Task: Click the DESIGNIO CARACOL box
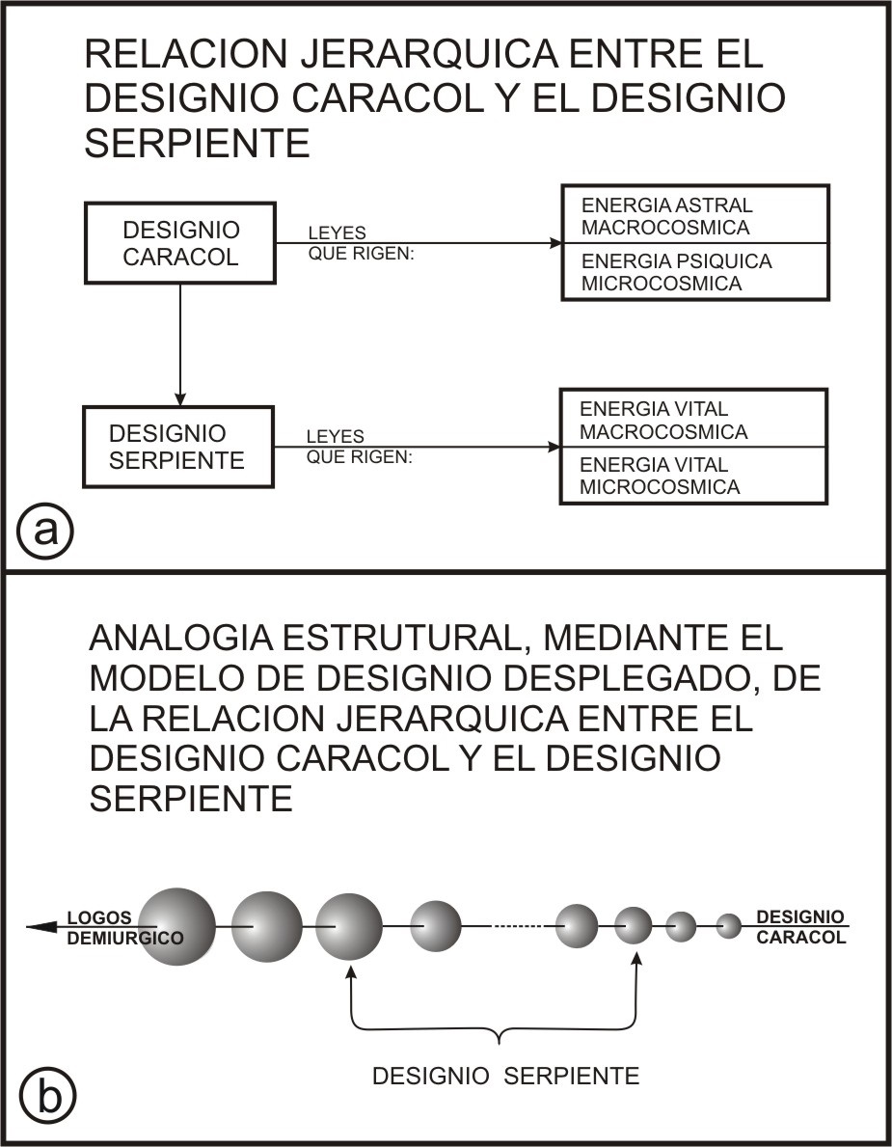coord(180,243)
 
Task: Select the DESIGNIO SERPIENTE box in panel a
coord(178,447)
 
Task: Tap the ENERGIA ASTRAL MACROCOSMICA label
coord(666,216)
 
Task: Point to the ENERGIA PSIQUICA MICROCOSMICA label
coord(676,272)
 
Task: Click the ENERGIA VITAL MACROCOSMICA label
coord(663,420)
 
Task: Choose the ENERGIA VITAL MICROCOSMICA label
coord(660,476)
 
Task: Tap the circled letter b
coord(47,1098)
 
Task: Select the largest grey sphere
coord(176,927)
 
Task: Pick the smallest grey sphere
coord(728,926)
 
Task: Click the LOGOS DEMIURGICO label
coord(124,928)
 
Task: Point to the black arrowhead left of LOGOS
coord(42,927)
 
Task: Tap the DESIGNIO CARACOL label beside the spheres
coord(800,927)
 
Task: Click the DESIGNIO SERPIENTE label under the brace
coord(506,1076)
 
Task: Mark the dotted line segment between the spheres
coord(518,927)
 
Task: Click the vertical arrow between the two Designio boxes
coord(180,344)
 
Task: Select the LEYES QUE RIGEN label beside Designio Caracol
coord(362,244)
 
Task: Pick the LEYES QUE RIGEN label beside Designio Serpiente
coord(359,447)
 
